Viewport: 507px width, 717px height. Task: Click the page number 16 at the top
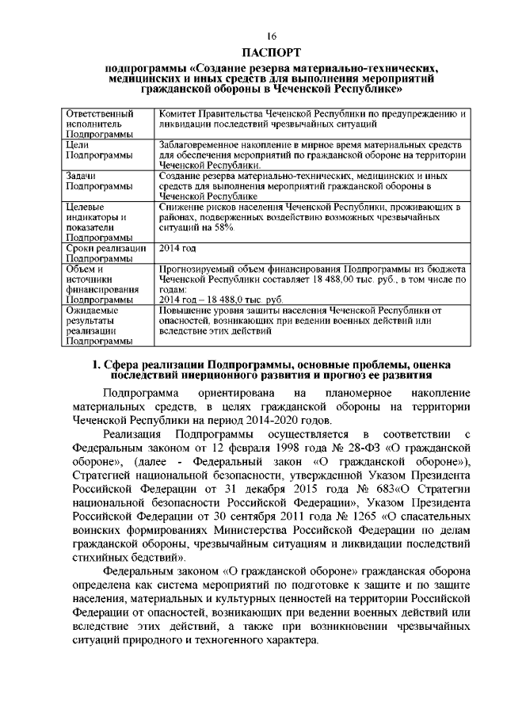pos(271,36)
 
